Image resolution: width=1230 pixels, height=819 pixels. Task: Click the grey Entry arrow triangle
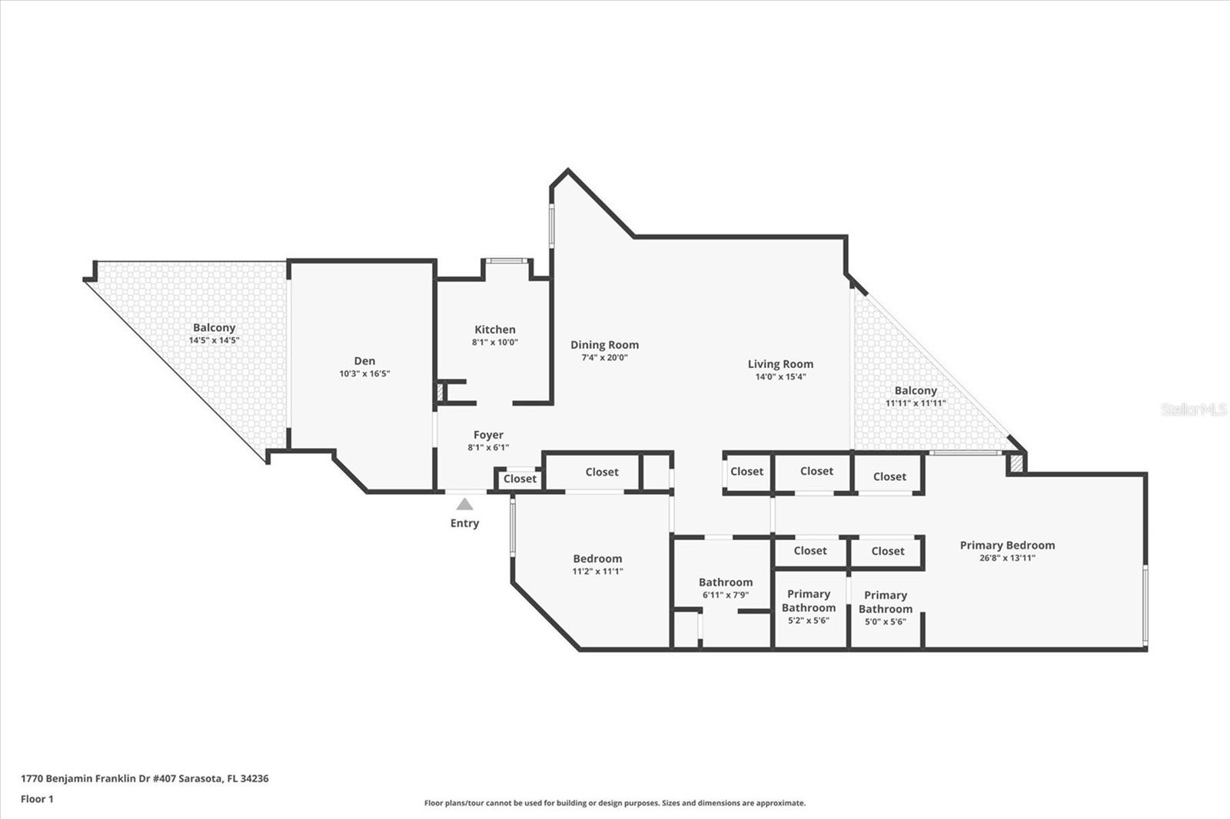464,504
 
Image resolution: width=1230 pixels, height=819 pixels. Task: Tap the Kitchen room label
494,330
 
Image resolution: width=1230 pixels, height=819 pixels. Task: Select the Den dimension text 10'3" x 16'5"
364,374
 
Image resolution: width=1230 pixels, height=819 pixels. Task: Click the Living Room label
780,364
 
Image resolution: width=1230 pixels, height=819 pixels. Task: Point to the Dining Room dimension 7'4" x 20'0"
604,357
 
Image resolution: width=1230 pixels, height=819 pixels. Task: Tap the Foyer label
488,435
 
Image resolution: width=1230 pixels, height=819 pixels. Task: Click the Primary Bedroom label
1007,545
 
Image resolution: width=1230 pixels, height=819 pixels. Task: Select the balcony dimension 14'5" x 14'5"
214,340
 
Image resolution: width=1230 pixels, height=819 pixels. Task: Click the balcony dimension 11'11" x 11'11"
915,403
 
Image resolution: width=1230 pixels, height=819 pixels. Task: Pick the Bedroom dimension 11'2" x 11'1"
597,572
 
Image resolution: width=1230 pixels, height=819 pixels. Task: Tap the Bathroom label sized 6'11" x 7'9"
725,582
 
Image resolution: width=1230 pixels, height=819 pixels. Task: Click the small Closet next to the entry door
520,479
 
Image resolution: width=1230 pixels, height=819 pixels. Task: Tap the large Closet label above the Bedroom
601,472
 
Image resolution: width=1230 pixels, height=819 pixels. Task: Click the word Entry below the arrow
464,523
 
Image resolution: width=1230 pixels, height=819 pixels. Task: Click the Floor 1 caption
37,799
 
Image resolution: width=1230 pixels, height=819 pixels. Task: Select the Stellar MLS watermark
1193,410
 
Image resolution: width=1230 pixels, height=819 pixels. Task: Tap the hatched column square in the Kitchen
440,393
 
